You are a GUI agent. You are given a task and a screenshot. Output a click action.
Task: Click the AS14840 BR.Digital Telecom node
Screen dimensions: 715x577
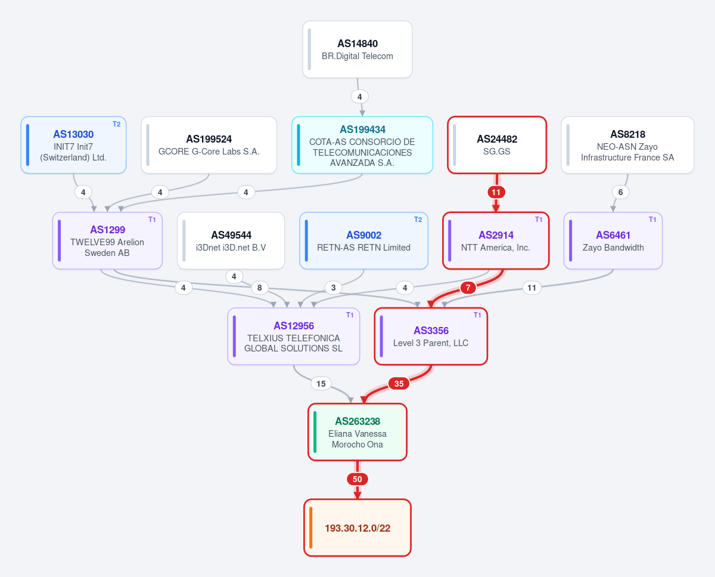(357, 50)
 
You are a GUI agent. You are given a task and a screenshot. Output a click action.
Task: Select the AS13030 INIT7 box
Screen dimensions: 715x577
(73, 145)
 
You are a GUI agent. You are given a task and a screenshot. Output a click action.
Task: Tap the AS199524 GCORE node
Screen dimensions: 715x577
(209, 145)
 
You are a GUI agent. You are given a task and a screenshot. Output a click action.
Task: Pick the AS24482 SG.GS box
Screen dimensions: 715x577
(497, 145)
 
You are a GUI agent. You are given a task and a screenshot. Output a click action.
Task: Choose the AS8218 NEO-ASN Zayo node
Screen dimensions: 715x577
(627, 145)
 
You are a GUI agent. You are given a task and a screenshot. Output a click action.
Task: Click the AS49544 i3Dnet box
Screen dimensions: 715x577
(231, 240)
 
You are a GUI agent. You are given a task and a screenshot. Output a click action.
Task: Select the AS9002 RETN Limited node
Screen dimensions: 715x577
(363, 240)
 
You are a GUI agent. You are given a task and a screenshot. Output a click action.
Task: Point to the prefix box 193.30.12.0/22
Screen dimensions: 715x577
(357, 527)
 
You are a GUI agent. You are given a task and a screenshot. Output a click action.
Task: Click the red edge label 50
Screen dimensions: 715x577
(357, 479)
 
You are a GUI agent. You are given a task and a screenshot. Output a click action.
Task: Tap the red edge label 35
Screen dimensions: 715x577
(399, 384)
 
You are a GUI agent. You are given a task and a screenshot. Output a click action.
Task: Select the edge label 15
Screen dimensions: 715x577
(321, 384)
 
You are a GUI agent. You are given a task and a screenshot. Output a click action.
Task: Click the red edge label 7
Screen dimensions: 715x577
(468, 288)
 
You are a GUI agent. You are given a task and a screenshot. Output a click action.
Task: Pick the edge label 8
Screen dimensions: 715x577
(260, 288)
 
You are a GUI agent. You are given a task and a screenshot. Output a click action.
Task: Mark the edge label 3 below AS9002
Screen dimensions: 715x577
(333, 288)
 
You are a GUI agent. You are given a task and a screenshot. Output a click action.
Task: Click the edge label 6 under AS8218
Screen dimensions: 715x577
(620, 192)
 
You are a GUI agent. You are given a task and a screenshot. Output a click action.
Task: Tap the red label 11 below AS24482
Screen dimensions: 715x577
(496, 192)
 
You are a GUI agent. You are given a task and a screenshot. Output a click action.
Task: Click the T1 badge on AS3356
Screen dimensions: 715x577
(477, 315)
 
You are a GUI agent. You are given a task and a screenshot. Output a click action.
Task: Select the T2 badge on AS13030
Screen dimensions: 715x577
(116, 124)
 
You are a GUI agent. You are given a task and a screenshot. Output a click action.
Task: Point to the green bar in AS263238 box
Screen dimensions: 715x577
(315, 432)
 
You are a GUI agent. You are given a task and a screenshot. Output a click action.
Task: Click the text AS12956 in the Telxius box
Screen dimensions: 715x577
(294, 325)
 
